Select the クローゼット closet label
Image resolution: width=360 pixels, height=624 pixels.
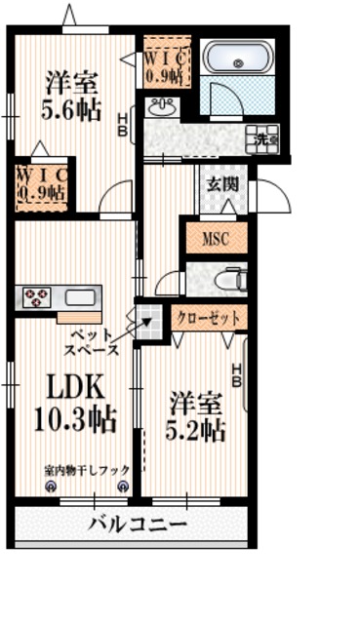pyautogui.click(x=208, y=317)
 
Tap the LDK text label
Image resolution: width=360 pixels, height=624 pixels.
pyautogui.click(x=69, y=387)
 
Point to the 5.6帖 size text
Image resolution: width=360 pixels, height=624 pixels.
pyautogui.click(x=70, y=109)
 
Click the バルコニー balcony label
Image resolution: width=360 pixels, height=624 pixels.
pyautogui.click(x=137, y=525)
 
